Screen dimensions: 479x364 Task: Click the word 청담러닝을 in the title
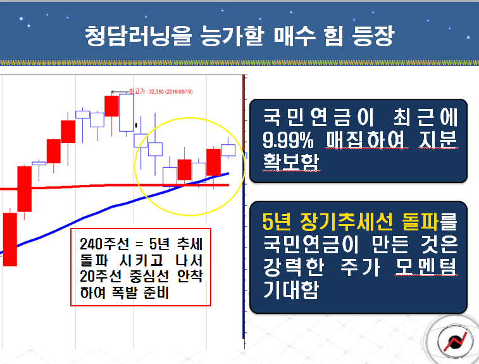(x=139, y=36)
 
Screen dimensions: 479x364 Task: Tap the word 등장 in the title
(x=373, y=36)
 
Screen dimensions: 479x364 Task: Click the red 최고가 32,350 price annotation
(x=161, y=91)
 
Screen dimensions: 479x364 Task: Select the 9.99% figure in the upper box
(x=288, y=141)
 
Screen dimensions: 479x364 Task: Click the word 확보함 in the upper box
(x=290, y=162)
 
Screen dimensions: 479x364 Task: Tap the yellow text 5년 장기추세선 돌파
(x=350, y=221)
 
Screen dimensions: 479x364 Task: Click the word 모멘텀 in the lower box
(x=426, y=267)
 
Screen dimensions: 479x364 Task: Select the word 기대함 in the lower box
(x=290, y=289)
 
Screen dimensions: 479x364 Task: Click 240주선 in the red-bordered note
(x=104, y=244)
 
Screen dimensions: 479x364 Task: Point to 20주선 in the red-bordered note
(x=101, y=276)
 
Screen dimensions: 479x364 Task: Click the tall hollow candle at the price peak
(x=126, y=113)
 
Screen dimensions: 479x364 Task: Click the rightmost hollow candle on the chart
(x=228, y=150)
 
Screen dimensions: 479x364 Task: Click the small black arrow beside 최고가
(x=120, y=92)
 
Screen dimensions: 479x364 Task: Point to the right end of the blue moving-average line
(x=228, y=173)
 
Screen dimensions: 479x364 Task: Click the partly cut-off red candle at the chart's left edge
(x=9, y=239)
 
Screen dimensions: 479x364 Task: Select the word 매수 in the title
(x=294, y=36)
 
